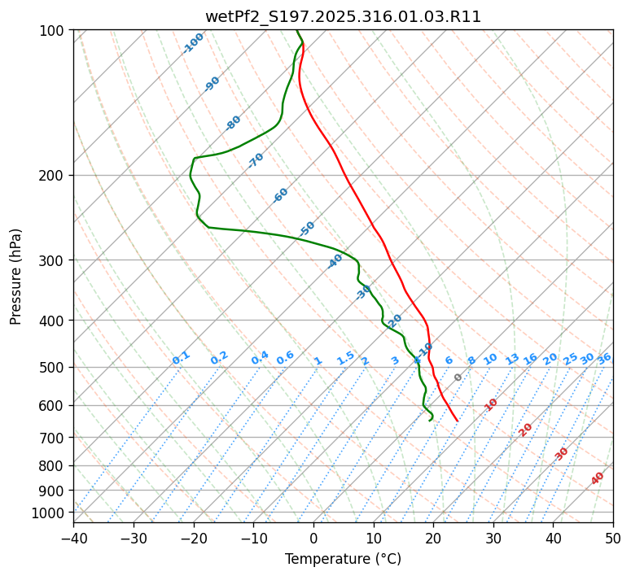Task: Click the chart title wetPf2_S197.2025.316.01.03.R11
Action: tap(343, 17)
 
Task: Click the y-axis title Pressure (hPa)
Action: tap(16, 276)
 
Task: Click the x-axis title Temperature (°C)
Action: tap(343, 559)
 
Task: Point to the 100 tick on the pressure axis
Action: tap(54, 31)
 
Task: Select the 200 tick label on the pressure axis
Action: tap(54, 175)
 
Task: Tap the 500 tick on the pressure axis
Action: tap(54, 367)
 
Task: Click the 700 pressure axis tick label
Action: tap(54, 438)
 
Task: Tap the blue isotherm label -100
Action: tap(193, 43)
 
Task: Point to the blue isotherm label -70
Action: tap(256, 159)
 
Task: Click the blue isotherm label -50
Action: tap(307, 229)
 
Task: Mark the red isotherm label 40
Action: tap(598, 478)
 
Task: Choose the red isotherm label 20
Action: tap(526, 429)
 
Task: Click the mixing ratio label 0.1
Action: tap(181, 357)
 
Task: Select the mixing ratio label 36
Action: tap(604, 358)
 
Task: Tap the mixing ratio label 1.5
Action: tap(345, 357)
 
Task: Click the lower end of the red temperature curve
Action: tap(458, 421)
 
